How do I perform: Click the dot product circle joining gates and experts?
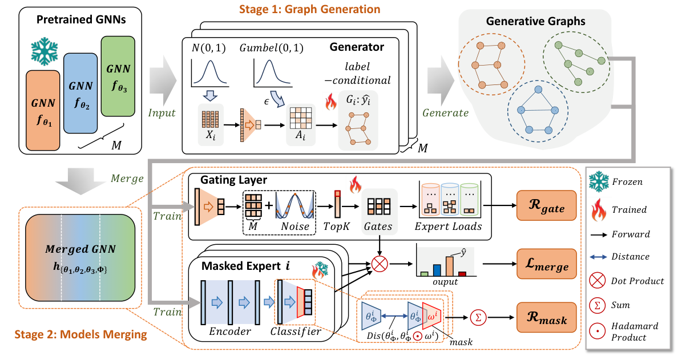pyautogui.click(x=380, y=264)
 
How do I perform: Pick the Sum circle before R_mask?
pyautogui.click(x=477, y=318)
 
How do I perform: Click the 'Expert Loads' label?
pyautogui.click(x=448, y=226)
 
